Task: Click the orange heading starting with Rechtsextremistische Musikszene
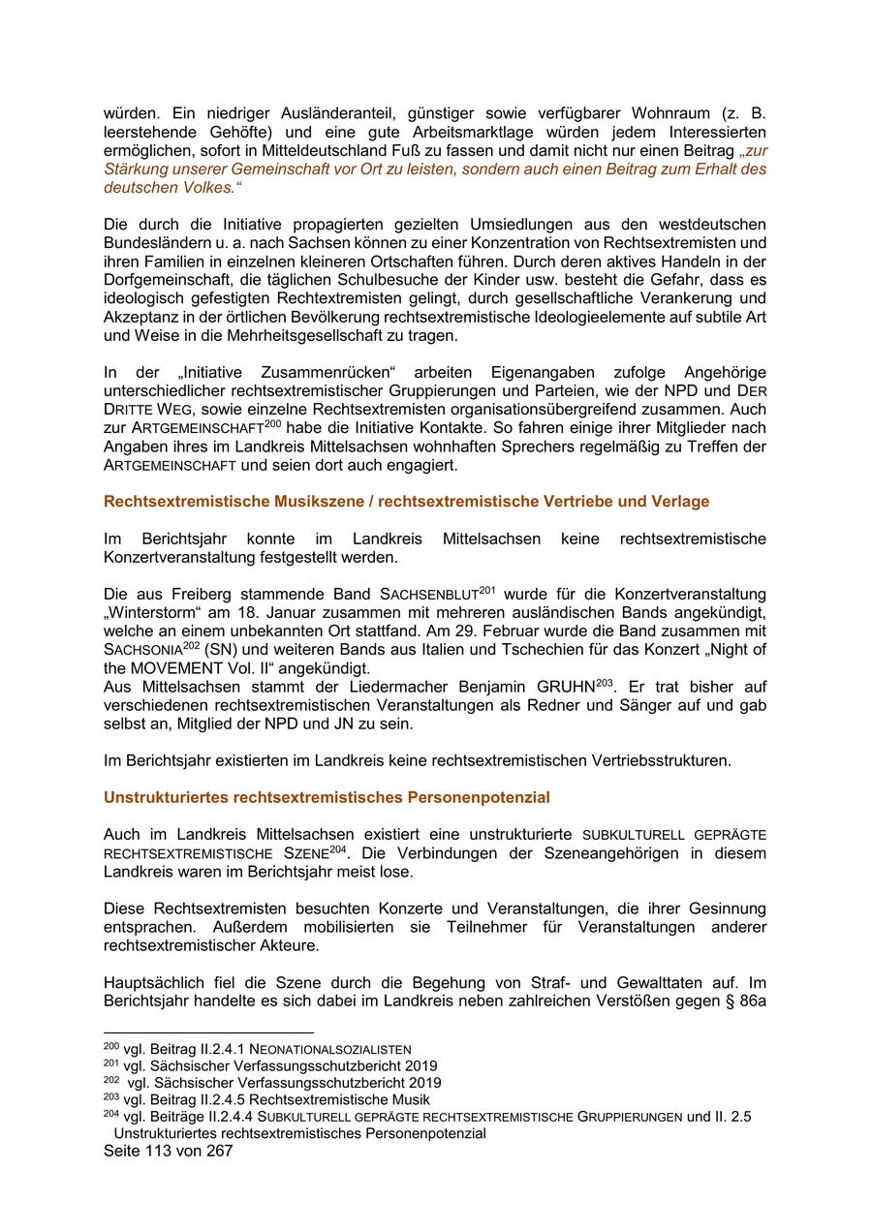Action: [406, 502]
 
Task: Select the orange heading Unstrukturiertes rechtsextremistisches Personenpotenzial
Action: [327, 797]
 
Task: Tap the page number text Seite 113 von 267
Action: [168, 1151]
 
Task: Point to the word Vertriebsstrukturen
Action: [656, 760]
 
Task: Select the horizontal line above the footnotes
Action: [208, 1032]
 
